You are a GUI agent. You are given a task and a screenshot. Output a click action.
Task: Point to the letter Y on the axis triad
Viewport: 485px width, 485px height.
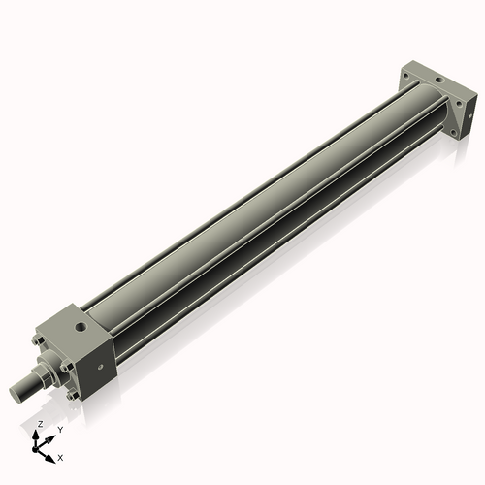60,429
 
